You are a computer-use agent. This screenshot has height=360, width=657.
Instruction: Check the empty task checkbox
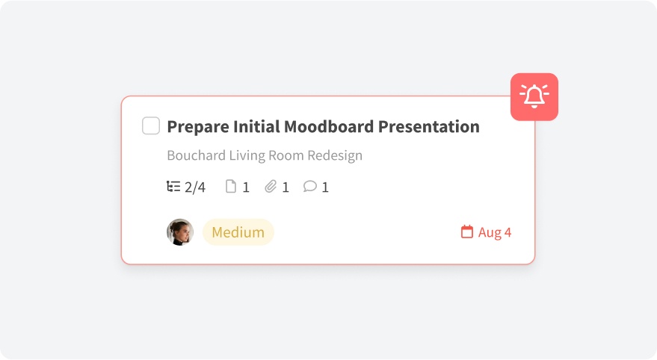point(151,125)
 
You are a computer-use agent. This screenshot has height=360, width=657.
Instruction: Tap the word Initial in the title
point(256,126)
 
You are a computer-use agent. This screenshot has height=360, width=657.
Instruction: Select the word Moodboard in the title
point(329,126)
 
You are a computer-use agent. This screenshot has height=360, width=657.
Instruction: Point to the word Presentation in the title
point(428,126)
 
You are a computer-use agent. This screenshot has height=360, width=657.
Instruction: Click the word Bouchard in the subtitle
point(196,155)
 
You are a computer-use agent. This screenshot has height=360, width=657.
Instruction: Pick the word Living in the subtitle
point(247,155)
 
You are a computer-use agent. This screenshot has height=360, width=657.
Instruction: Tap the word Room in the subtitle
point(286,155)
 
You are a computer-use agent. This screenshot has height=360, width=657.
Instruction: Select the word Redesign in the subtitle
point(335,155)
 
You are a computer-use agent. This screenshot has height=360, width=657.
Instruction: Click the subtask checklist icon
point(173,186)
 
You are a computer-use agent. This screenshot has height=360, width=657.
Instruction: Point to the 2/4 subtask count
point(195,187)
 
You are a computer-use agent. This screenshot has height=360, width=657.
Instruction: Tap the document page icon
point(231,186)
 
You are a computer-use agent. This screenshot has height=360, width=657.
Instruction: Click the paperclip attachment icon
point(271,186)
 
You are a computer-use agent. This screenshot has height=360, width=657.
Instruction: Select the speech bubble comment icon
point(309,186)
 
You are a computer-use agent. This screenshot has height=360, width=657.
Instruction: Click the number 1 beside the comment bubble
point(325,187)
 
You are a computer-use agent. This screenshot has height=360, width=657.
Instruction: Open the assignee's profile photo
point(180,232)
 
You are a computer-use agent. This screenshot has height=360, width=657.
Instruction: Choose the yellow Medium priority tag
point(238,232)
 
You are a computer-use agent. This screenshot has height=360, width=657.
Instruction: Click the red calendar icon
point(466,232)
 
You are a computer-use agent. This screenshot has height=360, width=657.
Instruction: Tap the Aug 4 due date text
point(495,232)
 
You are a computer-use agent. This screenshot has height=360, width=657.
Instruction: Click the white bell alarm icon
point(534,96)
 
